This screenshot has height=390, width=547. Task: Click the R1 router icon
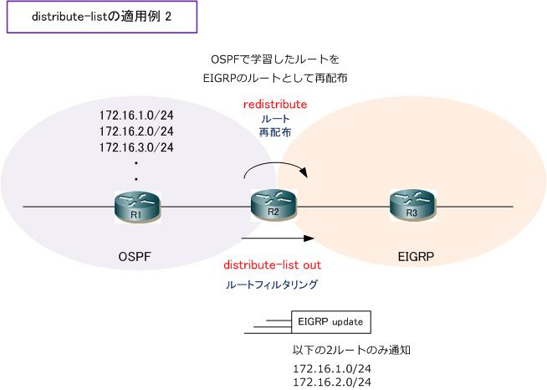pyautogui.click(x=137, y=207)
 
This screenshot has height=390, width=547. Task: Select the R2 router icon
pyautogui.click(x=273, y=205)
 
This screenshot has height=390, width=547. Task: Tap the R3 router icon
pyautogui.click(x=413, y=206)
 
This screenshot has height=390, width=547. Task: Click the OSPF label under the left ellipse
pyautogui.click(x=135, y=257)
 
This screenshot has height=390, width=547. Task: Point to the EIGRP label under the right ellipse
pyautogui.click(x=416, y=257)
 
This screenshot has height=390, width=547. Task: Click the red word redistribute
pyautogui.click(x=275, y=105)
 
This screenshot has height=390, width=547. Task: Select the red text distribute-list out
pyautogui.click(x=272, y=265)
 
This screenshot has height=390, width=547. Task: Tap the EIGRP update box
pyautogui.click(x=330, y=322)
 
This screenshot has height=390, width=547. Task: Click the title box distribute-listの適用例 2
pyautogui.click(x=102, y=17)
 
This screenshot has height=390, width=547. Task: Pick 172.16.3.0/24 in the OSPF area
pyautogui.click(x=136, y=147)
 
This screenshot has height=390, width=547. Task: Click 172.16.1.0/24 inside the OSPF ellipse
pyautogui.click(x=136, y=115)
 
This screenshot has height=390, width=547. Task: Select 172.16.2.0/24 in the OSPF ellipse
pyautogui.click(x=136, y=131)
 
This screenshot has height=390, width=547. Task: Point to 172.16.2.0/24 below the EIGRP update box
pyautogui.click(x=332, y=382)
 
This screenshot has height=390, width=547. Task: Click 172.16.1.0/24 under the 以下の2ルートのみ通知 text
pyautogui.click(x=332, y=369)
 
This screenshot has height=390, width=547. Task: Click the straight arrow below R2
pyautogui.click(x=278, y=239)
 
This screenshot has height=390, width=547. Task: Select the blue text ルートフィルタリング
pyautogui.click(x=272, y=285)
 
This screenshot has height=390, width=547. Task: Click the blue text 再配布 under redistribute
pyautogui.click(x=275, y=133)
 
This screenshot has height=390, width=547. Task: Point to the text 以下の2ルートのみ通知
pyautogui.click(x=351, y=350)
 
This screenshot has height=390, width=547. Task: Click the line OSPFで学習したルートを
pyautogui.click(x=275, y=59)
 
